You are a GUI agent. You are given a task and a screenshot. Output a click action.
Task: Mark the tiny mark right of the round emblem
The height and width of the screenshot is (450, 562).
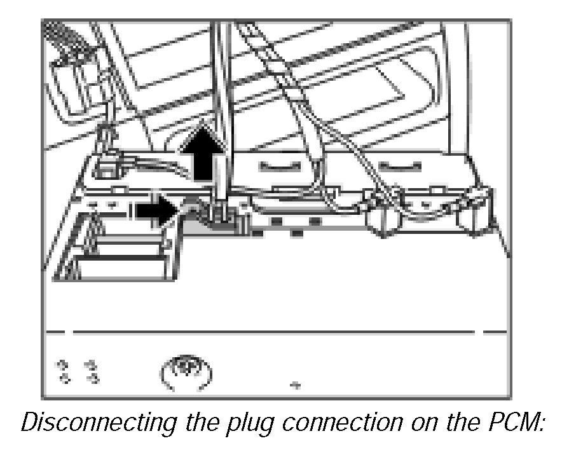pos(294,385)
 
